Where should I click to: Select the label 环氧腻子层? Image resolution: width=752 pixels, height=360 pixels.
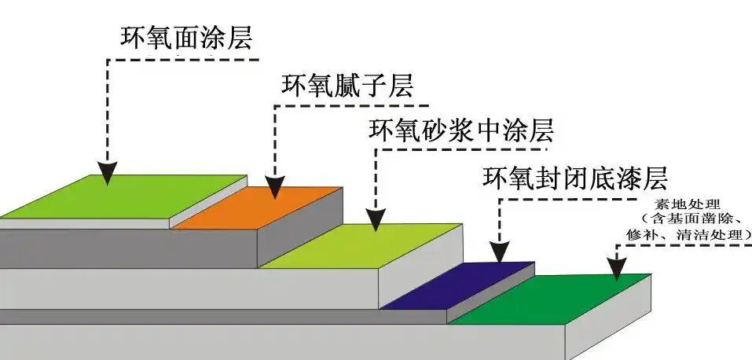347,84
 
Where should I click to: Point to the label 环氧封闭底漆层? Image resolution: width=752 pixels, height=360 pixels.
574,179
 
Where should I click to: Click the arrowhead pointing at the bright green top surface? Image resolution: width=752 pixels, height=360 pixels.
108,173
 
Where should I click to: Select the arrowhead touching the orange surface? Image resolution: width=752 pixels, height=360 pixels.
274,187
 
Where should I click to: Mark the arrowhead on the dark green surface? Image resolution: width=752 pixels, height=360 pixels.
618,270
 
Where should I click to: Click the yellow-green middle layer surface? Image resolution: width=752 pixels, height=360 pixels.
361,246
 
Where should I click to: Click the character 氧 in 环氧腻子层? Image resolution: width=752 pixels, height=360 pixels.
321,84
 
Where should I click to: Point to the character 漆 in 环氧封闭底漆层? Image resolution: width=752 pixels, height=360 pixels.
629,179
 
